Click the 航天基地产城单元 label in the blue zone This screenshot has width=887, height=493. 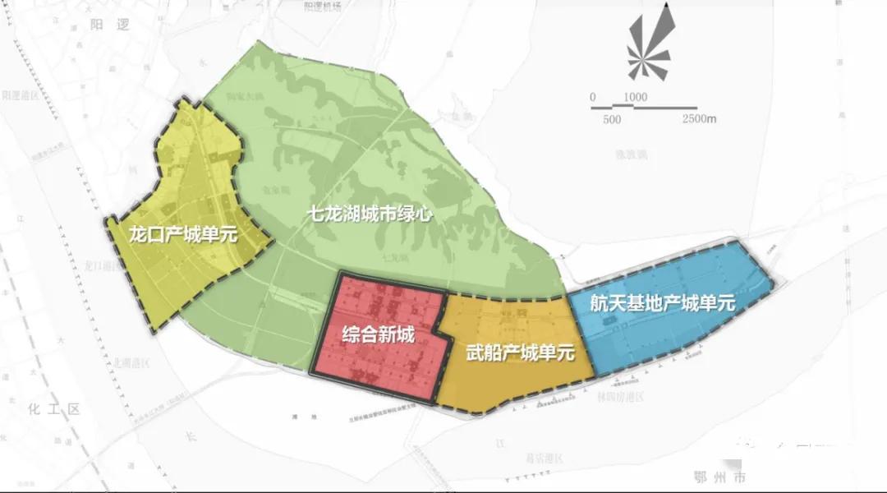click(662, 303)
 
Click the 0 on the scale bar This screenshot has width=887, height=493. click(592, 97)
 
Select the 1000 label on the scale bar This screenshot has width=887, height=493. click(635, 97)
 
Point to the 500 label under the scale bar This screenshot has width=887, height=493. click(611, 119)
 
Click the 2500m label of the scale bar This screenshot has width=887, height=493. click(699, 119)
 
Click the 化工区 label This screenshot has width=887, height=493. click(54, 408)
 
